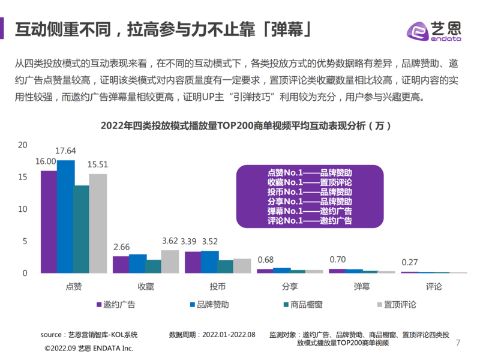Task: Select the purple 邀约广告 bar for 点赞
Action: click(x=49, y=222)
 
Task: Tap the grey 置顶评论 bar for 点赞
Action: click(x=98, y=223)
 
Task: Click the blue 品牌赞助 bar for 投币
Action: click(x=210, y=262)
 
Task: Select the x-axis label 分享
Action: click(x=289, y=287)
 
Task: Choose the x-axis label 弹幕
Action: click(x=361, y=287)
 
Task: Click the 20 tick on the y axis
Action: click(x=23, y=145)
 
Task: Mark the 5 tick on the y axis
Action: click(x=25, y=241)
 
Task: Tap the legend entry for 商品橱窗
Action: click(x=302, y=304)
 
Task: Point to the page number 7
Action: click(x=458, y=343)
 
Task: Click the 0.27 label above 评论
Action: click(x=410, y=262)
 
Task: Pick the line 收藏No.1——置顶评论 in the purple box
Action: click(x=310, y=182)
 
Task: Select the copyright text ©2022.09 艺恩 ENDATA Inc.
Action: click(x=89, y=349)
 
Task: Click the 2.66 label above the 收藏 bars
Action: click(x=121, y=247)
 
